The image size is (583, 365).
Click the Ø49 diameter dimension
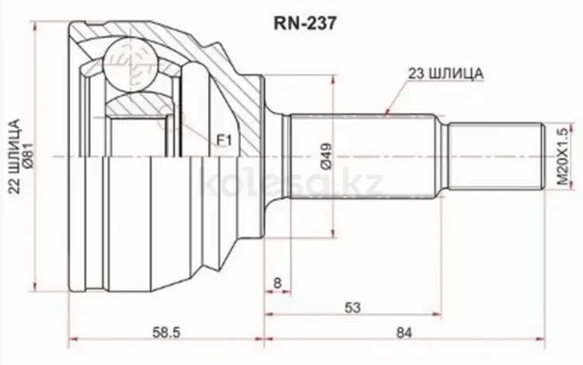click(326, 156)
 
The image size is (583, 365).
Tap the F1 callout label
click(225, 141)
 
